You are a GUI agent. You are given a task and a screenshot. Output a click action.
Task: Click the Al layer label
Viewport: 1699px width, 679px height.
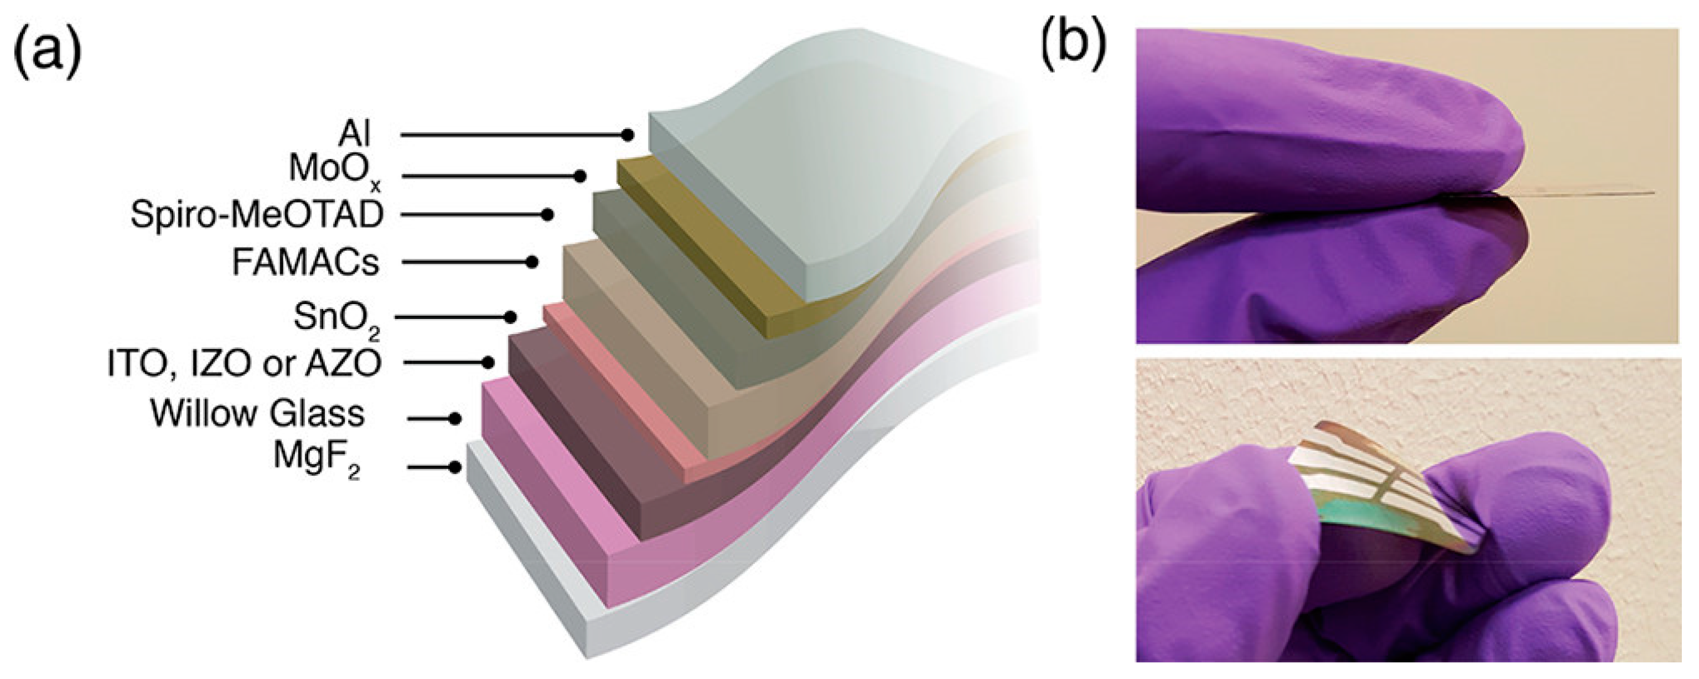pyautogui.click(x=355, y=135)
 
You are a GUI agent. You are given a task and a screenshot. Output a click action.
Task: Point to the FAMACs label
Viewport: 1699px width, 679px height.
pyautogui.click(x=306, y=263)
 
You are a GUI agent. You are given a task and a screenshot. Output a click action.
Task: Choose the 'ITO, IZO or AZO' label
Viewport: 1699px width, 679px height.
pyautogui.click(x=245, y=363)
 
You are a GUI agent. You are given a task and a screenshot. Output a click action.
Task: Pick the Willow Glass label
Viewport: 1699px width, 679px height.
pyautogui.click(x=257, y=414)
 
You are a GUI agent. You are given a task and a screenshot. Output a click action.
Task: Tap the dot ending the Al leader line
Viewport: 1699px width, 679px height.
pyautogui.click(x=628, y=135)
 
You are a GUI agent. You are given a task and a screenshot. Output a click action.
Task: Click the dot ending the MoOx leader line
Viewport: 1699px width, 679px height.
pyautogui.click(x=581, y=176)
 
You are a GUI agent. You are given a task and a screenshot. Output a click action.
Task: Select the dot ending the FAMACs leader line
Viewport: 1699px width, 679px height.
pyautogui.click(x=532, y=262)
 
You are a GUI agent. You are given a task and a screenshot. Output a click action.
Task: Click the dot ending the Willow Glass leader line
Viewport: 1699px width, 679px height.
pyautogui.click(x=454, y=418)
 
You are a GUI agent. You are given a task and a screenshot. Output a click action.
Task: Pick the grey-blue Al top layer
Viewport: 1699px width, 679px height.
pyautogui.click(x=825, y=165)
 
